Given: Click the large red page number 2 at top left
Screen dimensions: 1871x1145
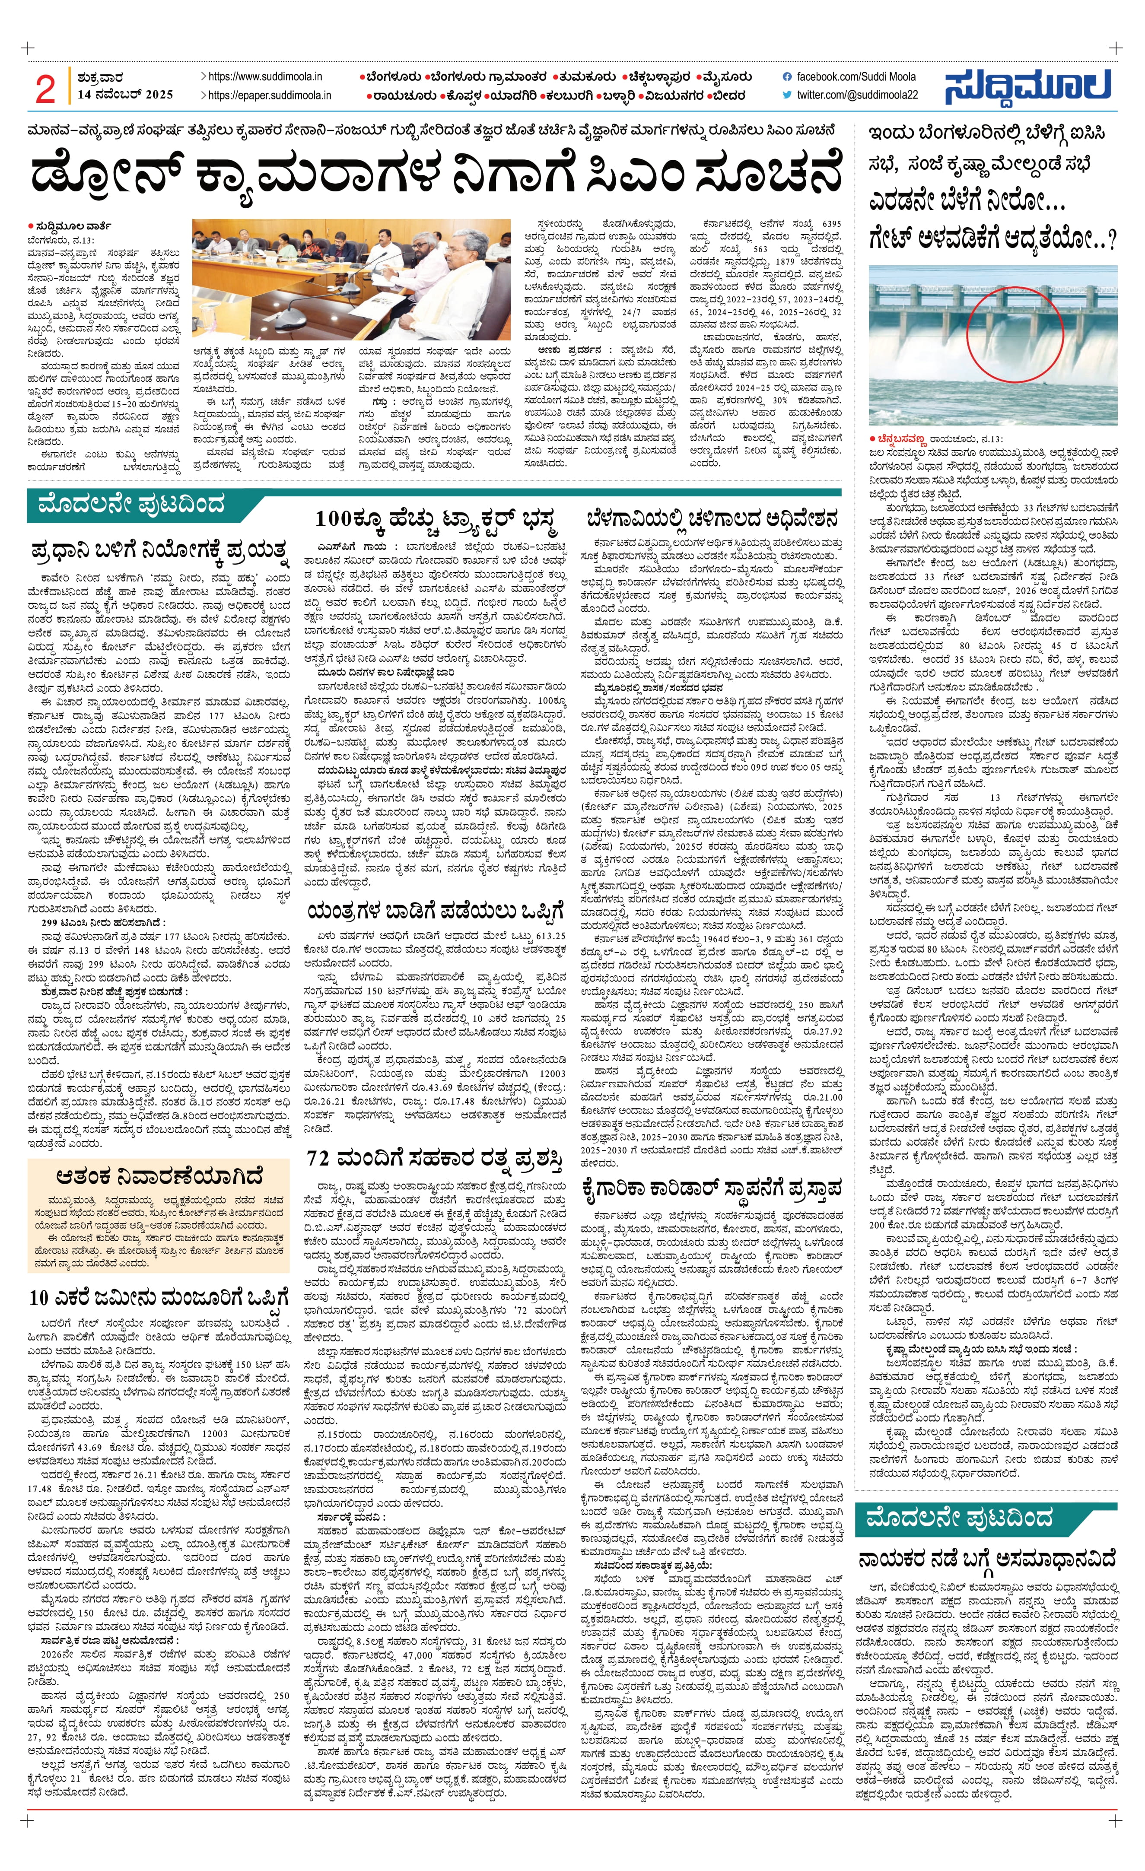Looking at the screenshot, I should pyautogui.click(x=45, y=89).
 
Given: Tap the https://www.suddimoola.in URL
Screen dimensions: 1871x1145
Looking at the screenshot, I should pyautogui.click(x=264, y=77).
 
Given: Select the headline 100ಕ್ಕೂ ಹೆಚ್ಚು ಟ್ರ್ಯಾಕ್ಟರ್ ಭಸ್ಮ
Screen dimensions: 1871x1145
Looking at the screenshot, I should pyautogui.click(x=436, y=521).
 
